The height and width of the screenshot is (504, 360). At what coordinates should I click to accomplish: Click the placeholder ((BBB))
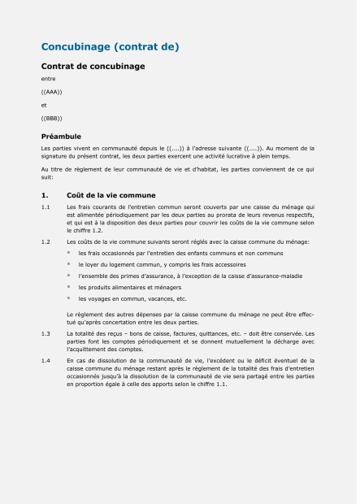click(51, 119)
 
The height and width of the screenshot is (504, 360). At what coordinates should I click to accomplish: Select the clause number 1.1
click(46, 207)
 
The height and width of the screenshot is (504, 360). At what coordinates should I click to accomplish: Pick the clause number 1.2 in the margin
click(46, 242)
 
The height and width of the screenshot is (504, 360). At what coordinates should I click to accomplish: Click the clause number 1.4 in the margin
click(46, 359)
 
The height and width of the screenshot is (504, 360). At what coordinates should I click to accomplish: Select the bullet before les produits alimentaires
click(70, 287)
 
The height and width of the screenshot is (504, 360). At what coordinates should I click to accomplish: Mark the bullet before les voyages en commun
click(70, 298)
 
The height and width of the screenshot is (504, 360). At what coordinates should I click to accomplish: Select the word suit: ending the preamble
click(47, 176)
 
